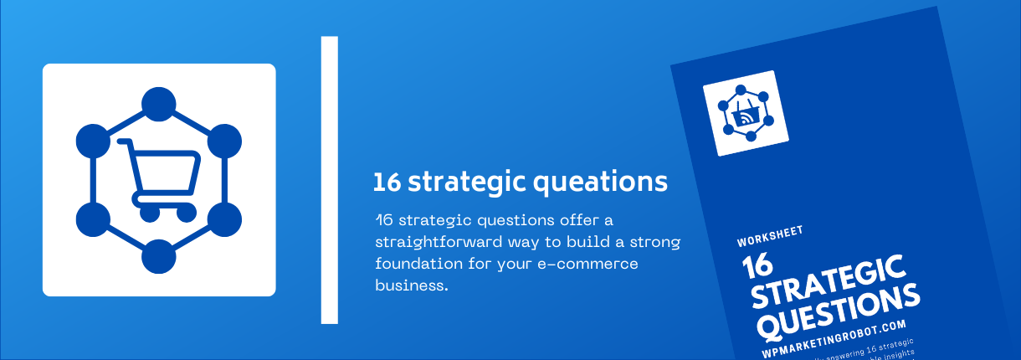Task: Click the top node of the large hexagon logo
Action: pos(158,106)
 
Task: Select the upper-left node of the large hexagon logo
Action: pos(94,141)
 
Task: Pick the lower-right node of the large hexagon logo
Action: pos(223,219)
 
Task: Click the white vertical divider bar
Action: pos(329,180)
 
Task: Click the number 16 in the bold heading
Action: pos(386,182)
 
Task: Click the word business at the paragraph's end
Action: pos(412,285)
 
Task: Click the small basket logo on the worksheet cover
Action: pos(746,113)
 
